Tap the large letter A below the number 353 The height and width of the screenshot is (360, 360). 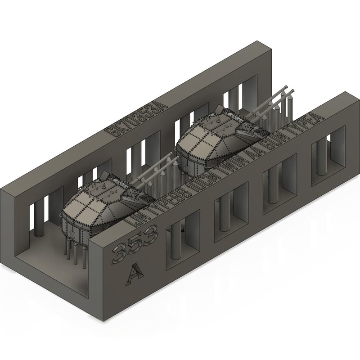(x=135, y=271)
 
